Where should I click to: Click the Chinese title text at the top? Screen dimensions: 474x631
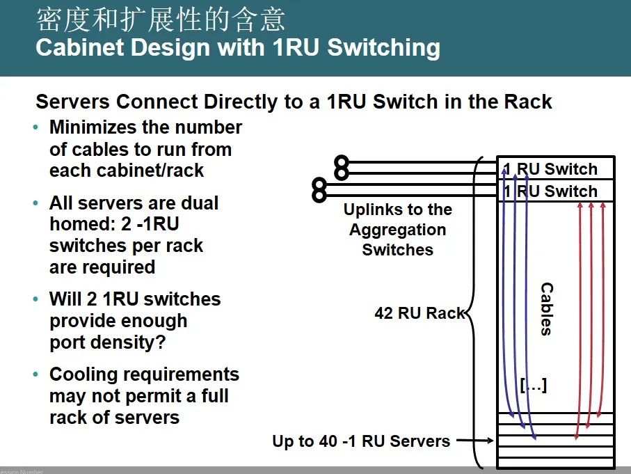tap(161, 20)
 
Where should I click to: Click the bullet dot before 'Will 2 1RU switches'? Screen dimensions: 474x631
tap(36, 300)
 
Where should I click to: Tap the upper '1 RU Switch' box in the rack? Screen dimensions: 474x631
tap(555, 169)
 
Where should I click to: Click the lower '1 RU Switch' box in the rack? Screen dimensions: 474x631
tap(555, 191)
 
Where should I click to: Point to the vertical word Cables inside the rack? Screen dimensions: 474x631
tap(547, 308)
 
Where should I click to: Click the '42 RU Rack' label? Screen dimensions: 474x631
tap(420, 313)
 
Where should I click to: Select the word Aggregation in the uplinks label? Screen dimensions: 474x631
tap(397, 230)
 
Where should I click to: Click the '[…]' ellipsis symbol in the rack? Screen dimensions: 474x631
tap(534, 385)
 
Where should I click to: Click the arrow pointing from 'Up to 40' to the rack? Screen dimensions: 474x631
tap(474, 441)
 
